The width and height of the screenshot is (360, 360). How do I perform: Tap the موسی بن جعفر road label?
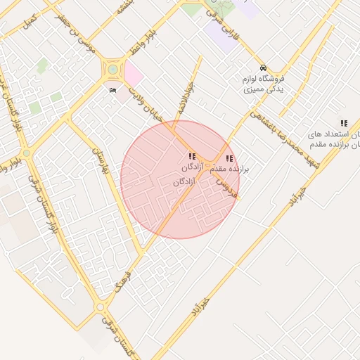[86, 38]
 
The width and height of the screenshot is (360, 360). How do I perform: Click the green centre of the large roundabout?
[112, 70]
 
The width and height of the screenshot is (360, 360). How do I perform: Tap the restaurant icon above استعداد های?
[343, 123]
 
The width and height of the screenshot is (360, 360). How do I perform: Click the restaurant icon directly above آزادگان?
[192, 156]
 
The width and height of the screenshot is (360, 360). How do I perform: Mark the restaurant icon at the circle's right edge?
[229, 159]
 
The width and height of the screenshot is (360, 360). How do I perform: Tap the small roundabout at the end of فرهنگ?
[101, 307]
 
